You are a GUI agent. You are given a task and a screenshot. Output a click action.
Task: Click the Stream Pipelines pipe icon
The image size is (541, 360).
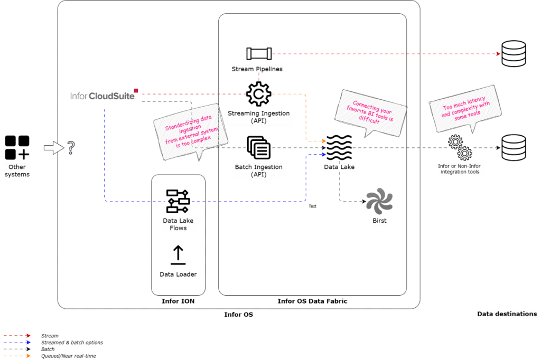click(x=259, y=53)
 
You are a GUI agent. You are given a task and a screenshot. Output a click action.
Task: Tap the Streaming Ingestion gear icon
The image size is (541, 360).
click(x=259, y=94)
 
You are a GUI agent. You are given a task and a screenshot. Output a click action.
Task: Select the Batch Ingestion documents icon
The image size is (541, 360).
click(x=259, y=148)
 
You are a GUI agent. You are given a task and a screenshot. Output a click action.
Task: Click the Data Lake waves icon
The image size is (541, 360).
click(x=339, y=148)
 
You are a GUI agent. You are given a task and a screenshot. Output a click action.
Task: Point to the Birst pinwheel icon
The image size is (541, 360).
click(x=379, y=201)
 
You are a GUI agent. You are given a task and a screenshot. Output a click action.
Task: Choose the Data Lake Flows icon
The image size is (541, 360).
click(x=178, y=201)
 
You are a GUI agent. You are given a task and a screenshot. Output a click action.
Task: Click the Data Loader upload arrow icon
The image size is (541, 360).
click(x=178, y=255)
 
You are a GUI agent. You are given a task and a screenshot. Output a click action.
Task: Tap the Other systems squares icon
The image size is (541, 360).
click(x=17, y=148)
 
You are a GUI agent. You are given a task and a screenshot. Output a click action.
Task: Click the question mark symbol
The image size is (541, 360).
click(x=71, y=148)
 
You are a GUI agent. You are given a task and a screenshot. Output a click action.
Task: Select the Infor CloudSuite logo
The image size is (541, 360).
click(x=104, y=95)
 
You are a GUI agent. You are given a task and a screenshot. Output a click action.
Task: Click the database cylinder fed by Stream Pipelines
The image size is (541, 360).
click(x=514, y=53)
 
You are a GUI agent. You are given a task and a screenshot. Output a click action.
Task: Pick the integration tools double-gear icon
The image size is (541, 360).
click(x=460, y=148)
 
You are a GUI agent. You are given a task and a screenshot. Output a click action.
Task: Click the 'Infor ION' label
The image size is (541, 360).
click(x=178, y=301)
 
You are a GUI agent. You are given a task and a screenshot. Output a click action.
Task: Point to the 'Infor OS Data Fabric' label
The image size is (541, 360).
click(x=312, y=301)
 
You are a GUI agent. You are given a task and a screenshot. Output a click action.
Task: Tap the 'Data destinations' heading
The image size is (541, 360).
click(x=507, y=314)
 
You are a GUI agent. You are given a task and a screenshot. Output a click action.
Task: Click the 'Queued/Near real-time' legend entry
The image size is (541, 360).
click(x=69, y=356)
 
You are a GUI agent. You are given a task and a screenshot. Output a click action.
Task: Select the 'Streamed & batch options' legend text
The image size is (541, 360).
click(x=72, y=343)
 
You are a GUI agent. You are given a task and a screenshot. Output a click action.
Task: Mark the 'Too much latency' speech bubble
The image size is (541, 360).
click(x=465, y=108)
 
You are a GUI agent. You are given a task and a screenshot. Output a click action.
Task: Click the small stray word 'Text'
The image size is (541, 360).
click(x=312, y=206)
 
